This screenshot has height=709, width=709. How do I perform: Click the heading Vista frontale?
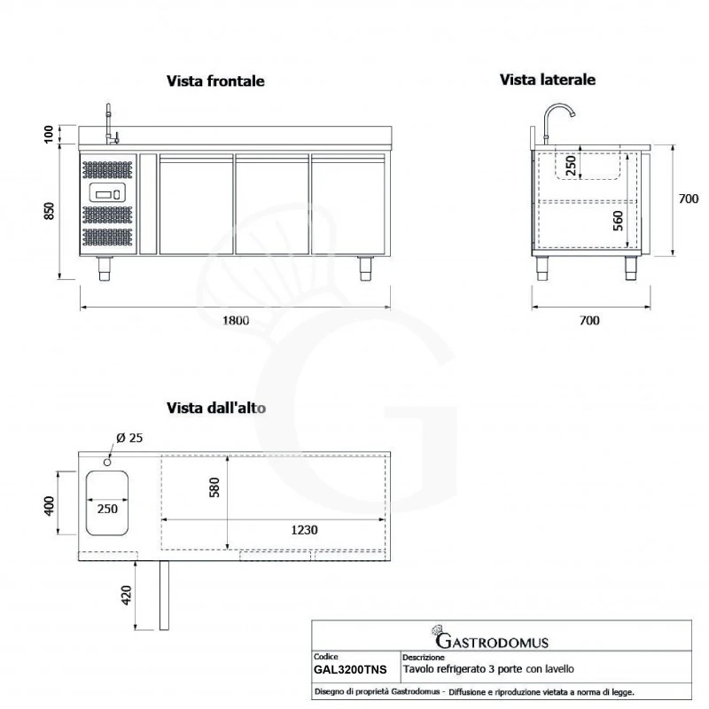coord(215,81)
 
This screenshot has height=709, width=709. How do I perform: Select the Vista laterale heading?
coord(547,80)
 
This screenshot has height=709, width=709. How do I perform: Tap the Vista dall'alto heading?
coord(217,409)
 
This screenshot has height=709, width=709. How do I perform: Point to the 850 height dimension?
coord(51,211)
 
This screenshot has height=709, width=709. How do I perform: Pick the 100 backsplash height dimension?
coord(50,135)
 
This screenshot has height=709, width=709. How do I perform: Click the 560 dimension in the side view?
coord(618,219)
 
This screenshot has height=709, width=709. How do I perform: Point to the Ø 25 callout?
coord(129,437)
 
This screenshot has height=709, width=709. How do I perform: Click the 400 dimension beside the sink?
coord(51,505)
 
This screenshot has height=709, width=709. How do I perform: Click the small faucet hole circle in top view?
coord(106,461)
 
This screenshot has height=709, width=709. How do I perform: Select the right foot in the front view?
coord(365,268)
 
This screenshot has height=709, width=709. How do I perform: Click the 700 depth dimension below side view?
coord(589,321)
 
